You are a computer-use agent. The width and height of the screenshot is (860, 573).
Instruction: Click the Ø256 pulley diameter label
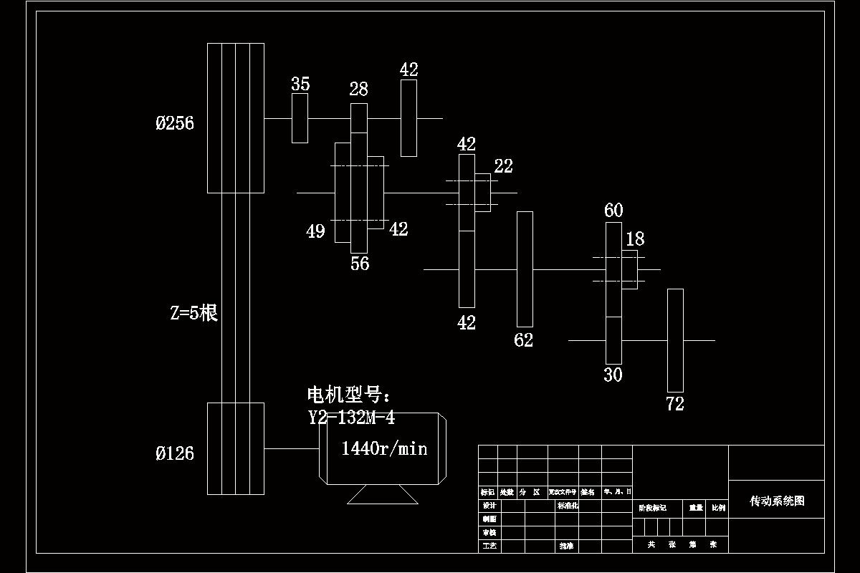pos(175,123)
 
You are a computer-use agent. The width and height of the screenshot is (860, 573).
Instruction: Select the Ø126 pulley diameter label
pos(175,453)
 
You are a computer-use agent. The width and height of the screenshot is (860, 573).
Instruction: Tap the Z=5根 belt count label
pos(193,313)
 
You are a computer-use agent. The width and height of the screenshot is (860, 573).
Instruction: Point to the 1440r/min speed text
pos(384,448)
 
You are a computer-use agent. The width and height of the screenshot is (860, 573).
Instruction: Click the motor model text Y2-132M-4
pos(351,417)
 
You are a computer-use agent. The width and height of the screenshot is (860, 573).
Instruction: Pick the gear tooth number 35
pos(300,84)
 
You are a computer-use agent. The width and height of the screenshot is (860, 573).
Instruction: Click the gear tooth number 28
pos(358,89)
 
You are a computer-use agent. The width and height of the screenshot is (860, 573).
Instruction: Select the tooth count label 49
pos(315,231)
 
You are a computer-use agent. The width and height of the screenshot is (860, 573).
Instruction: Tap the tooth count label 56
pos(360,264)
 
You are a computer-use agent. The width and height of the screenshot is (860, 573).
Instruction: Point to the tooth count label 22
pos(503,166)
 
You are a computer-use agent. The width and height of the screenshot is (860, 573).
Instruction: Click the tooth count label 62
pos(524,340)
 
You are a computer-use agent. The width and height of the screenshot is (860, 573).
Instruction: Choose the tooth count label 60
pos(613,211)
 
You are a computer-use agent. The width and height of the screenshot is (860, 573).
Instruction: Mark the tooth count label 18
pos(635,239)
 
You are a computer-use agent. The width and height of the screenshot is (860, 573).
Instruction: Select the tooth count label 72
pos(675,404)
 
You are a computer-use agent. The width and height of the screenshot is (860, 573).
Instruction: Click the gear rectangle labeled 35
pos(300,117)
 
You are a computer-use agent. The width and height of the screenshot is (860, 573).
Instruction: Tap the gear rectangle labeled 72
pos(675,340)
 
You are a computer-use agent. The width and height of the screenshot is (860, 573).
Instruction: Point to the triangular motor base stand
pos(382,494)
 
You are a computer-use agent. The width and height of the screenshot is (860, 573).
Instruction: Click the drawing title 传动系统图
pos(777,501)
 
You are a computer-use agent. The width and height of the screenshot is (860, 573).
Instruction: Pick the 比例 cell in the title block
pos(718,507)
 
